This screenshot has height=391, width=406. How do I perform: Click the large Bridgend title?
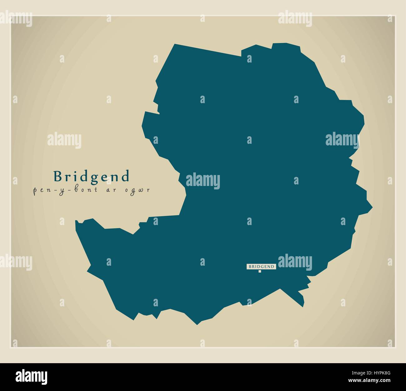click(91, 176)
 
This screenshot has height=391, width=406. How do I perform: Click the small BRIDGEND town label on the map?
click(261, 267)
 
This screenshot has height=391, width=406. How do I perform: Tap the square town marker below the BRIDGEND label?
click(260, 271)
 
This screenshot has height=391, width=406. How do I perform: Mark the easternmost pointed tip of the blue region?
click(372, 207)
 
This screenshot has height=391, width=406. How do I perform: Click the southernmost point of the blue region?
click(197, 324)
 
